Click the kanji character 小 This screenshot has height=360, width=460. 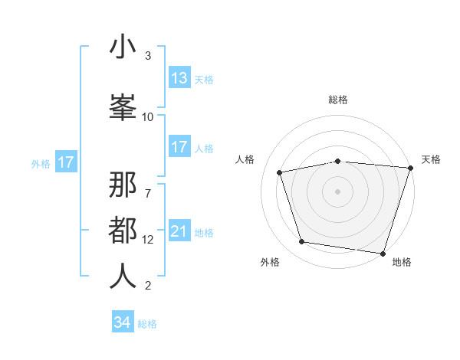coord(123,47)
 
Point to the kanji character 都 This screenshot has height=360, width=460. coord(123,231)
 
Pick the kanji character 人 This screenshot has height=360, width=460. coord(123,275)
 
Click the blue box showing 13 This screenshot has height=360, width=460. coord(179,78)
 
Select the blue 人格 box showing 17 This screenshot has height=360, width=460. coord(179,147)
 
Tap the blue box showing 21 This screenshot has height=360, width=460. coord(179,231)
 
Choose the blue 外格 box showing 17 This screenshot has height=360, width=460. coord(65,162)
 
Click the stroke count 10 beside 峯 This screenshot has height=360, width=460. coord(148,116)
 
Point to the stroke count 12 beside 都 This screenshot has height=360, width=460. coord(148,239)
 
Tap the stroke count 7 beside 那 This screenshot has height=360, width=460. coord(148,185)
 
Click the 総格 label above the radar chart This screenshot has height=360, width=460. coord(338,100)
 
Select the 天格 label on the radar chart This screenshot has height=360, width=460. coord(431,159)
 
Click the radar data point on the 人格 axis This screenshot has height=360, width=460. coord(280,172)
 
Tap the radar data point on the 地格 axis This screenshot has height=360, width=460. coord(383,253)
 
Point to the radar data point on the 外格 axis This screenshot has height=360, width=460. coord(302,242)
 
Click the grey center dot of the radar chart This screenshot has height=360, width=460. coord(338,191)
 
